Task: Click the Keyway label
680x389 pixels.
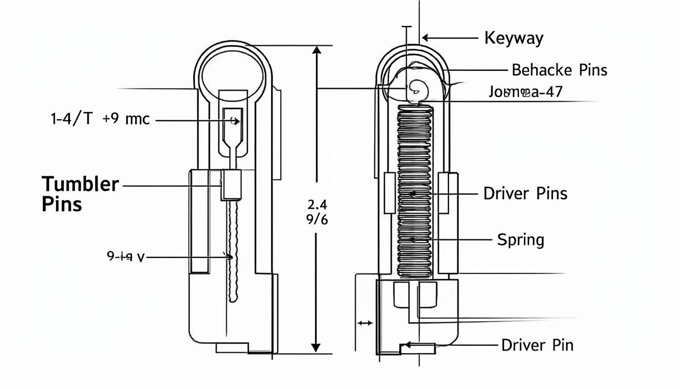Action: (514, 38)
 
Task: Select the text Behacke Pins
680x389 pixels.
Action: (559, 70)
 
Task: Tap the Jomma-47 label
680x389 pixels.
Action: (526, 92)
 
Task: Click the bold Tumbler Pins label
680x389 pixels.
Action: (80, 193)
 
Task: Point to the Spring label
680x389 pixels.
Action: (520, 239)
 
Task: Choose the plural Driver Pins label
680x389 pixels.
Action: (525, 193)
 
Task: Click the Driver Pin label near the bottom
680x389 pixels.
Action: (537, 345)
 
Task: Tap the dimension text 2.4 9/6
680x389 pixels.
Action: (318, 212)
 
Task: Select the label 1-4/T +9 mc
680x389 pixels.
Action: (100, 120)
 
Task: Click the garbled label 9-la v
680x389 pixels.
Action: (125, 257)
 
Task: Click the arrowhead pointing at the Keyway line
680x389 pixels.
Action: (426, 37)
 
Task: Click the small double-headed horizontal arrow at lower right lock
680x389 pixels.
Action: (365, 323)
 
